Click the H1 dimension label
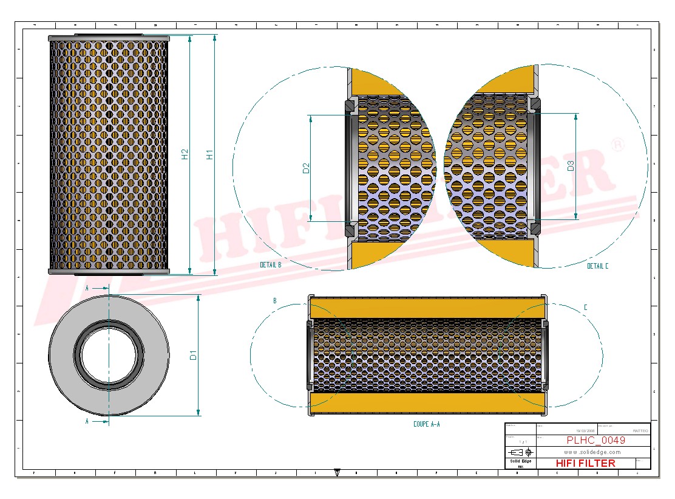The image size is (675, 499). click(210, 154)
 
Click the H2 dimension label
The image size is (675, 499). click(185, 154)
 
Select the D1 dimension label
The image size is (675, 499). click(194, 355)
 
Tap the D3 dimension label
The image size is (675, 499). click(571, 165)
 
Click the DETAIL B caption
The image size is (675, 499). click(270, 265)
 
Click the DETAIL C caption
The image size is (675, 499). click(597, 266)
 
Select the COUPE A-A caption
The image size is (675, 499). click(426, 424)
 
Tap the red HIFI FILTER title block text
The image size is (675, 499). click(585, 463)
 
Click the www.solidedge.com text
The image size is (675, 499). click(592, 452)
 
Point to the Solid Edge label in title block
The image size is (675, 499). click(520, 461)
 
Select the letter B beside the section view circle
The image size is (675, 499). click(275, 301)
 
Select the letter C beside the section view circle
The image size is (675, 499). click(585, 308)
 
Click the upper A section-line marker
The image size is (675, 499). click(87, 287)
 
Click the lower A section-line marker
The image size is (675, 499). click(87, 421)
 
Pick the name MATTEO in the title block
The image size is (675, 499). click(640, 430)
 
